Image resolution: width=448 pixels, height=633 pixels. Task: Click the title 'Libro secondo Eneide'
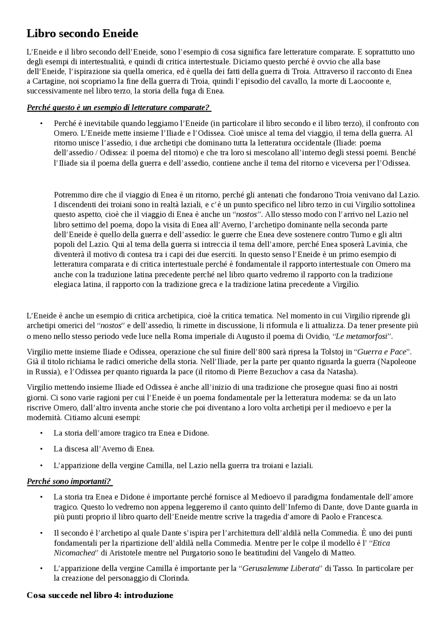click(x=82, y=34)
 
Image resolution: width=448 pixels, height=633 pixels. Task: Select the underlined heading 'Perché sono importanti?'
click(x=69, y=481)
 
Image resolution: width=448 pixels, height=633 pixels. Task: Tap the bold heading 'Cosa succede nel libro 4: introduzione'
click(x=100, y=595)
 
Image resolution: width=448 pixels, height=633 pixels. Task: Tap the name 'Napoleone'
click(x=400, y=362)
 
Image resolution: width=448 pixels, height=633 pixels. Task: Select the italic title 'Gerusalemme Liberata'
click(x=281, y=568)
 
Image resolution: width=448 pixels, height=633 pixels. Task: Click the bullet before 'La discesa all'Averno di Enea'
click(x=41, y=449)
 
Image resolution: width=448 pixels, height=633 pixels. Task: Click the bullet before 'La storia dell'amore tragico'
click(x=41, y=433)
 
